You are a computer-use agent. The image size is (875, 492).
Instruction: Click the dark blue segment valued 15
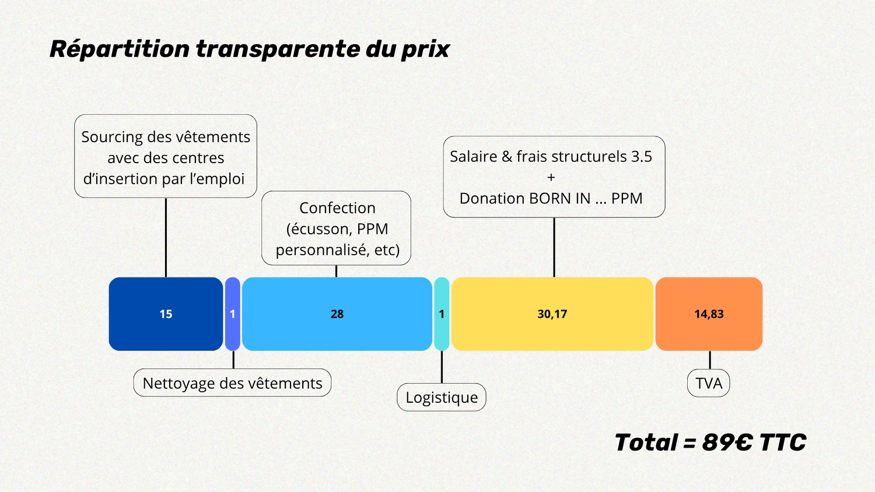(x=166, y=314)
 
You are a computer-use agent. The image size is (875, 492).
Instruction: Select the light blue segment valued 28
(x=337, y=314)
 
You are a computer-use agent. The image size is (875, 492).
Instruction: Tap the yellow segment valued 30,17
(x=552, y=314)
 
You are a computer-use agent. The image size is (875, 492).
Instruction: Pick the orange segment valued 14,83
(x=709, y=314)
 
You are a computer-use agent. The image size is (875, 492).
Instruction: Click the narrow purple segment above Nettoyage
(x=232, y=314)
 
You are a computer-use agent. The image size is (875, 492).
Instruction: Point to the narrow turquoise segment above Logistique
(x=442, y=314)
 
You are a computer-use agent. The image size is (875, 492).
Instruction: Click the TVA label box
(x=709, y=383)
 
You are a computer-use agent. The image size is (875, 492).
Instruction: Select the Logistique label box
(x=442, y=397)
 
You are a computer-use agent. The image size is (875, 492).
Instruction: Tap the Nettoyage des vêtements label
(x=232, y=382)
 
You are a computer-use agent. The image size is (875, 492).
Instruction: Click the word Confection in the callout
(x=338, y=208)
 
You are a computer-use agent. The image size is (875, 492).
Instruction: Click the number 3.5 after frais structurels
(x=642, y=156)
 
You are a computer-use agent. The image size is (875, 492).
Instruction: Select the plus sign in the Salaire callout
(x=551, y=177)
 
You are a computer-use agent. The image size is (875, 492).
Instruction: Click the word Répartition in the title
(x=120, y=50)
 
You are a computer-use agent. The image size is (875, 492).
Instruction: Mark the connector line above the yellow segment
(x=554, y=247)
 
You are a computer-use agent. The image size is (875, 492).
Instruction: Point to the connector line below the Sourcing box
(x=166, y=237)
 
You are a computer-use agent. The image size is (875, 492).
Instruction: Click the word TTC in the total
(x=783, y=442)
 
